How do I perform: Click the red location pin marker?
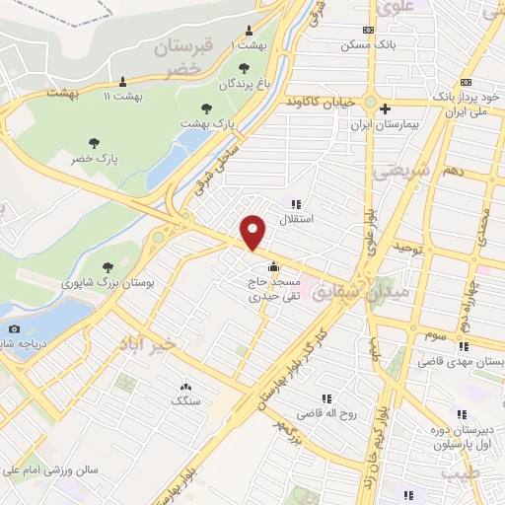point(253,233)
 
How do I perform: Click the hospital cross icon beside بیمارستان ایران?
point(386,108)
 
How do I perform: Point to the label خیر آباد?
point(156,342)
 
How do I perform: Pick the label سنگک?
point(184,401)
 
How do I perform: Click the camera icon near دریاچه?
point(14,329)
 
